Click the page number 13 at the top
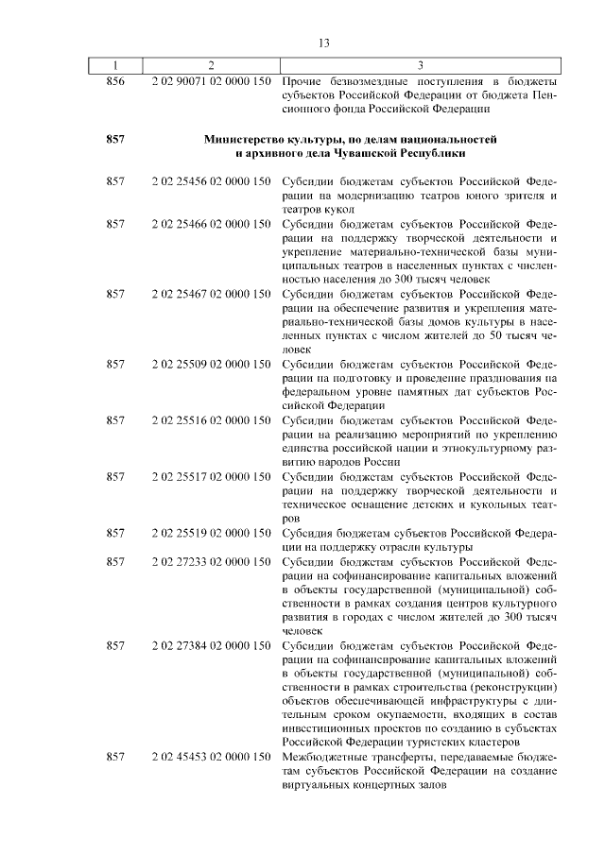click(x=322, y=43)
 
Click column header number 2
click(x=211, y=65)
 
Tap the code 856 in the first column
click(x=115, y=81)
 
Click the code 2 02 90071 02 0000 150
click(x=211, y=81)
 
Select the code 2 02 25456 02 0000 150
click(x=211, y=181)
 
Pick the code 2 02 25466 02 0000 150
click(x=211, y=224)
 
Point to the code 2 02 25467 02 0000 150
click(x=211, y=294)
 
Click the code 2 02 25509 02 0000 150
click(x=211, y=364)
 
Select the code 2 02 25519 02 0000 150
click(x=211, y=533)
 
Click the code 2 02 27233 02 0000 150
click(x=211, y=561)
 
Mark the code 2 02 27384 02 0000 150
click(x=211, y=645)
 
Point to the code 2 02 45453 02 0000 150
click(x=211, y=757)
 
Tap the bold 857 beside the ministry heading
click(x=115, y=140)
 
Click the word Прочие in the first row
click(x=303, y=81)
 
